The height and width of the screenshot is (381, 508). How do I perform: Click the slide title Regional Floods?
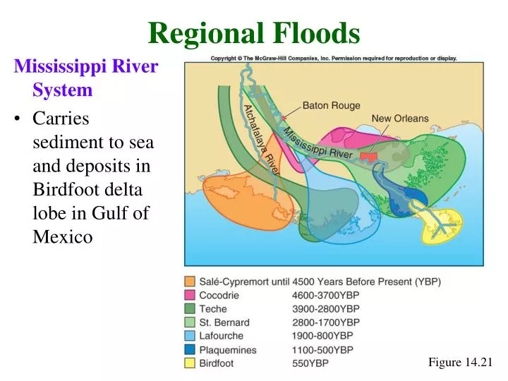point(254,32)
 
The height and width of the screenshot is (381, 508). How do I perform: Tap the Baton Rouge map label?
point(332,106)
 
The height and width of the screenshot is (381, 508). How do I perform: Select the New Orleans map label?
point(400,119)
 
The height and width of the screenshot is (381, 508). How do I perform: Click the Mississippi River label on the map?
point(318,143)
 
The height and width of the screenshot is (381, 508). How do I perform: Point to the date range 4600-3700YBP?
point(326,295)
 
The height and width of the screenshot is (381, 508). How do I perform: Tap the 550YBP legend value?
point(310,363)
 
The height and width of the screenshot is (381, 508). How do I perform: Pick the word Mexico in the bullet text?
point(63,236)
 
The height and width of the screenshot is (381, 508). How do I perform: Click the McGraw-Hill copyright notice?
point(334,58)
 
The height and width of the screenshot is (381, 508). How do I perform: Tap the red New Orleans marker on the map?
point(368,156)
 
